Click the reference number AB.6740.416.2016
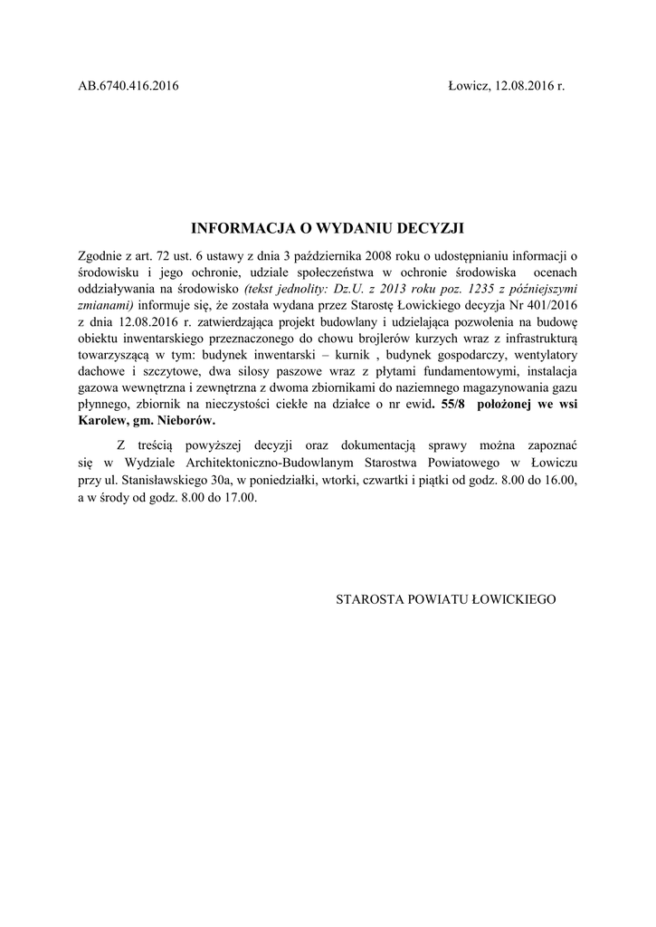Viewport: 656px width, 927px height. (128, 86)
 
